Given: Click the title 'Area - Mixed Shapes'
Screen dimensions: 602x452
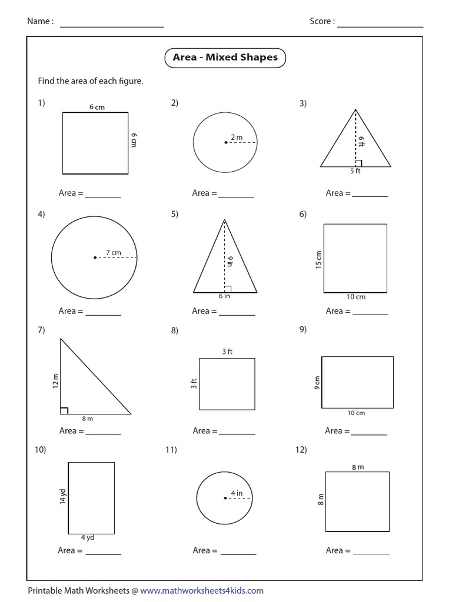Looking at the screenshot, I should [x=225, y=58].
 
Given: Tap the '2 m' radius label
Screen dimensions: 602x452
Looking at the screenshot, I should [x=236, y=137].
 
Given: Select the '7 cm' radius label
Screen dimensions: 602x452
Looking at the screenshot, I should [x=113, y=253].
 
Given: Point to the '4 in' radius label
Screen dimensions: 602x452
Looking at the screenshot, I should [x=236, y=493].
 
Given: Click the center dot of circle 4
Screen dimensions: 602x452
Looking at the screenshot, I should [x=94, y=257].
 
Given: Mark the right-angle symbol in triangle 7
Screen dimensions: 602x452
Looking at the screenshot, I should [x=64, y=410].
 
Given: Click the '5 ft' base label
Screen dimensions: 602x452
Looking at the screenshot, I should [x=355, y=172].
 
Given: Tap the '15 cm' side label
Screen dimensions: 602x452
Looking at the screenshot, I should [x=318, y=259].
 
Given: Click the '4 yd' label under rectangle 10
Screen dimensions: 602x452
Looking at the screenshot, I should [x=87, y=537].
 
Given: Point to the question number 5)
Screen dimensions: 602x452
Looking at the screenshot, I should [x=175, y=214].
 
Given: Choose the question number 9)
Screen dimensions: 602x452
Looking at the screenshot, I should [x=303, y=330].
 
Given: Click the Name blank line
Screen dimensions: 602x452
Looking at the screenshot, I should [x=112, y=26].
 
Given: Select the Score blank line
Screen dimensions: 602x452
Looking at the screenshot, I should [x=380, y=26].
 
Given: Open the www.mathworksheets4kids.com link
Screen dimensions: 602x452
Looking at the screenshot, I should [x=202, y=590].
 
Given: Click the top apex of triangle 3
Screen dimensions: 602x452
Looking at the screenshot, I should [x=355, y=109].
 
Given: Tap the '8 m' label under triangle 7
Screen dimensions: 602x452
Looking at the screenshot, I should [x=87, y=419].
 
